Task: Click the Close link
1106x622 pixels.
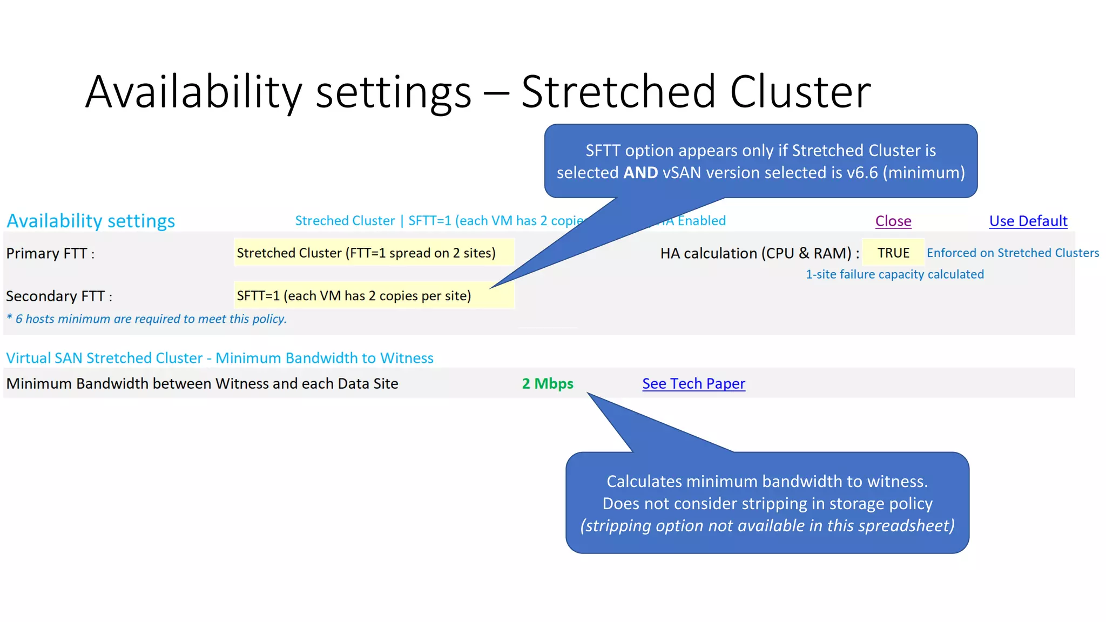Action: click(893, 221)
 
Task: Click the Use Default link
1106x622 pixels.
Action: click(1028, 221)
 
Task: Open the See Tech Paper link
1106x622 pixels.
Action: click(693, 383)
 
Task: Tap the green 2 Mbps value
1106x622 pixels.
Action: click(547, 383)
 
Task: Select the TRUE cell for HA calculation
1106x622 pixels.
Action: click(893, 253)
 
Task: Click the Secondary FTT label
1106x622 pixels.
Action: click(59, 296)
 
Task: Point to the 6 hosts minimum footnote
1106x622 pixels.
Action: click(146, 319)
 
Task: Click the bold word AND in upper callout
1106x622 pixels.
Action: click(640, 172)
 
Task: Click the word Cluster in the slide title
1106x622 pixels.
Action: click(800, 92)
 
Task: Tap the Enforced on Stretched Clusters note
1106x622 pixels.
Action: click(1013, 253)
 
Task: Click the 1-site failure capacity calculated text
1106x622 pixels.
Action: click(894, 274)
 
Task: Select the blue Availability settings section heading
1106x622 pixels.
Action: click(91, 221)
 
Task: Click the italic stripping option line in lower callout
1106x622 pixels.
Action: click(767, 525)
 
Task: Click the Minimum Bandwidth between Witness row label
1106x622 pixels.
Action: click(202, 383)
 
